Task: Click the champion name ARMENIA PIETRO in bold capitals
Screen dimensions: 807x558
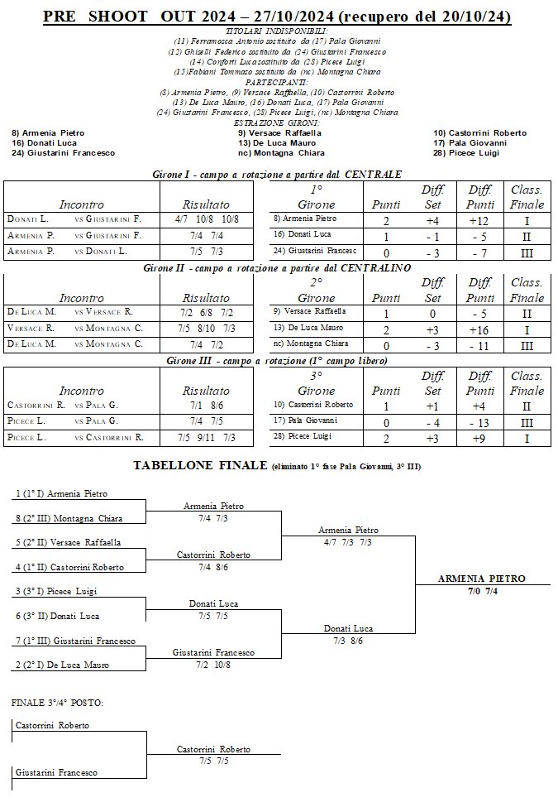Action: tap(481, 579)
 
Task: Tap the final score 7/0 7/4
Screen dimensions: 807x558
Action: tap(481, 591)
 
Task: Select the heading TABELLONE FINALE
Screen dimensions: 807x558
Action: tap(200, 466)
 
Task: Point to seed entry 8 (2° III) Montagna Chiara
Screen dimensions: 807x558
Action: tap(69, 518)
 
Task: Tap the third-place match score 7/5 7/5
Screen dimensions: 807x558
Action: tap(212, 760)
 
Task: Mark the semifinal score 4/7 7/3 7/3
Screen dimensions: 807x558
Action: tap(348, 542)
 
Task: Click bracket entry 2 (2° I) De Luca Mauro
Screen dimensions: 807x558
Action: tap(63, 665)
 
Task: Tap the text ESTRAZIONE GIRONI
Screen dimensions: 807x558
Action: tap(277, 122)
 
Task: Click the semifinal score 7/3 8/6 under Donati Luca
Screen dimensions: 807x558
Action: tap(348, 641)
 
